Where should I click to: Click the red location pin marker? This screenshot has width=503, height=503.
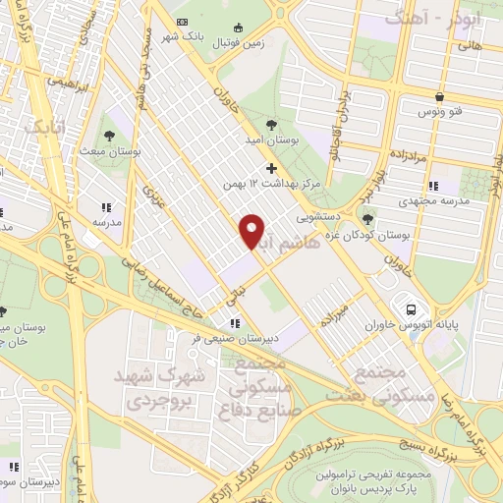(x=252, y=230)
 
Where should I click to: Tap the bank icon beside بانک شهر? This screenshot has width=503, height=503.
(x=180, y=23)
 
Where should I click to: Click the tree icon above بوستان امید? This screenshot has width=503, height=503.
(x=270, y=123)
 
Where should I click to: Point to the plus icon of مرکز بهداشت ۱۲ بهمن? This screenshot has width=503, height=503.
(x=272, y=168)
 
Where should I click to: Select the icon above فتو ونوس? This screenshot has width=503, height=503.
(x=438, y=97)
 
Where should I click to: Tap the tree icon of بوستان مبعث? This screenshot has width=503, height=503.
(x=109, y=135)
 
